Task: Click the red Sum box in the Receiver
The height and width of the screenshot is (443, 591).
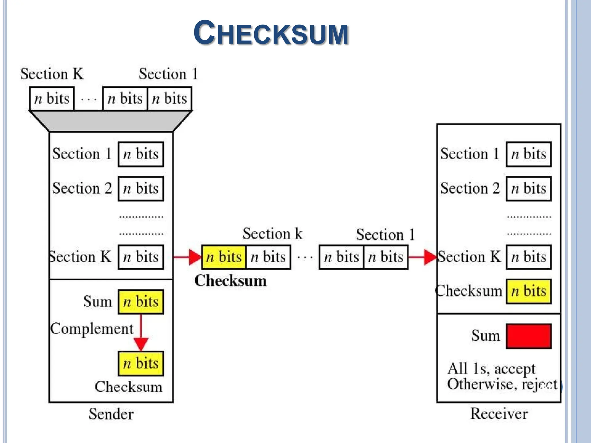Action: coord(528,336)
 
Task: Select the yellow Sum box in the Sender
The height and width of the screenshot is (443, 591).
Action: coord(141,302)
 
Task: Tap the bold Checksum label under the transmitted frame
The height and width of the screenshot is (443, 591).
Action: coord(230,281)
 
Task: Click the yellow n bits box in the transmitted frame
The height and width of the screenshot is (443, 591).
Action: coord(224,257)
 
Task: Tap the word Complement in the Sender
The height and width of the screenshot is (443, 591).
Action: coord(92,329)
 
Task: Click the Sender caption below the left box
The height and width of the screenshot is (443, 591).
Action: coord(111,414)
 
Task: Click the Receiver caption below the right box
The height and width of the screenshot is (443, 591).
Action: coord(499,414)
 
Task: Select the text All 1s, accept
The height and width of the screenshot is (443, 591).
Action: coord(491,369)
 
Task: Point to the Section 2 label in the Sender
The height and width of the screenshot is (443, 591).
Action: coord(82,188)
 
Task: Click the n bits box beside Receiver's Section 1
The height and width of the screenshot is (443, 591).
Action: coord(528,154)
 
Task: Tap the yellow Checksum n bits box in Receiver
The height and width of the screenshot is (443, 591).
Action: coord(528,291)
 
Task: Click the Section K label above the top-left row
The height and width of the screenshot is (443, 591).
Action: coord(52,74)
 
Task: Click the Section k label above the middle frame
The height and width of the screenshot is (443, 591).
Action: coord(272,234)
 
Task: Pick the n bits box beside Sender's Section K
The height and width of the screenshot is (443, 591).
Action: coord(141,257)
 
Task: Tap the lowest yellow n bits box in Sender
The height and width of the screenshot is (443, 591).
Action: coord(141,363)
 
